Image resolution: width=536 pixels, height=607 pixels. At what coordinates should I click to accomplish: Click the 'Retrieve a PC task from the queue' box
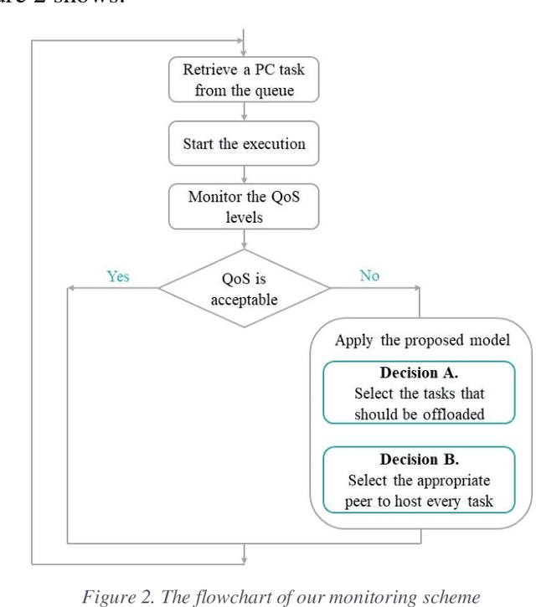tap(244, 80)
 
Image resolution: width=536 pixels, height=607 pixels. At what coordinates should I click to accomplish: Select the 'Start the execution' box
tap(244, 144)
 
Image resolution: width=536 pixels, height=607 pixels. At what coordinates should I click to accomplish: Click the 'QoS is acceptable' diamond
tap(244, 289)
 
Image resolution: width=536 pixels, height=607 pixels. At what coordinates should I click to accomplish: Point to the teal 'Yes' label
tap(117, 275)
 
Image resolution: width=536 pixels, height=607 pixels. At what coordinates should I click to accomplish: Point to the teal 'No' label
tap(369, 275)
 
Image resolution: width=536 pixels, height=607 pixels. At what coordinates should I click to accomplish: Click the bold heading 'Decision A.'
tap(419, 373)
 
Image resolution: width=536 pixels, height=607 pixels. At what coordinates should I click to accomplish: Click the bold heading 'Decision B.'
tap(419, 460)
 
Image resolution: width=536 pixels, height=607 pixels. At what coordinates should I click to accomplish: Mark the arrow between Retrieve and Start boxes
tap(244, 112)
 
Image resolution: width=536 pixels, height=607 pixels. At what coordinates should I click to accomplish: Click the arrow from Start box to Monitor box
tap(244, 176)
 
